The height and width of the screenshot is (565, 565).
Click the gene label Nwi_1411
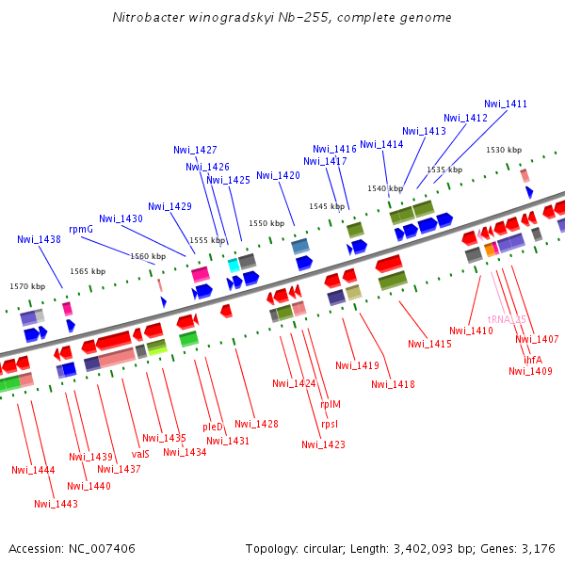[x=506, y=104]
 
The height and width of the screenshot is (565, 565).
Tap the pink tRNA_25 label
[x=507, y=319]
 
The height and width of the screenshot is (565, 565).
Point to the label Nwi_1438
[x=39, y=239]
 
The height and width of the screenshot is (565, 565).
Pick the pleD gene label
[x=213, y=427]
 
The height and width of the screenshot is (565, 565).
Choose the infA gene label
[x=533, y=360]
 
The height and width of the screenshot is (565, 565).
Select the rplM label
[x=331, y=404]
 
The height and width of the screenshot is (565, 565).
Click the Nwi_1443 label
[x=56, y=504]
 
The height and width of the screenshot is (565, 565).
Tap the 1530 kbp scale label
[x=504, y=150]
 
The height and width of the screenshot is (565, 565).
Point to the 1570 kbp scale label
[x=27, y=286]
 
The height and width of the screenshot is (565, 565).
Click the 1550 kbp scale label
[x=266, y=223]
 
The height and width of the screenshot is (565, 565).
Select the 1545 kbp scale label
[x=327, y=206]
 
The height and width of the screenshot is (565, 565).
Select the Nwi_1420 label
[x=278, y=175]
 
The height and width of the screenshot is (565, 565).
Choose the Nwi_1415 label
[x=430, y=344]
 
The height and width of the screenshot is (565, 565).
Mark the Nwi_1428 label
[x=257, y=424]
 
